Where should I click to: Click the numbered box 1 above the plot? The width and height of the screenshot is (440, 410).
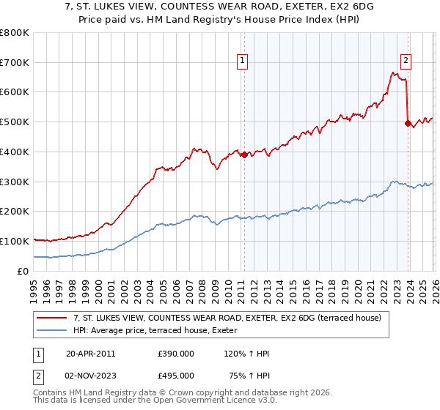click(x=243, y=61)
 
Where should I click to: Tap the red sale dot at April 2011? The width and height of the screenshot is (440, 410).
click(x=244, y=154)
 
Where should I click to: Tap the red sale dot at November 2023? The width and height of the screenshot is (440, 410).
click(x=407, y=123)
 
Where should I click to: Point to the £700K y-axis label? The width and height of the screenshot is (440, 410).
click(x=15, y=63)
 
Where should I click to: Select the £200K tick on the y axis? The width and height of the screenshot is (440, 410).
click(x=15, y=212)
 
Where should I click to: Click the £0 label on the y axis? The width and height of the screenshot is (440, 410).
click(x=23, y=271)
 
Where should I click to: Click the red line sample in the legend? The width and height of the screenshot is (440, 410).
click(x=52, y=318)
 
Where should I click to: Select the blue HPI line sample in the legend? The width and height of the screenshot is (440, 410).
click(x=52, y=331)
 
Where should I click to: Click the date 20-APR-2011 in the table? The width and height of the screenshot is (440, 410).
click(x=90, y=353)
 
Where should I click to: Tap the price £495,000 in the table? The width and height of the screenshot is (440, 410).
click(x=176, y=376)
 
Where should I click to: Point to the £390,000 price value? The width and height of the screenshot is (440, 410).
click(x=176, y=353)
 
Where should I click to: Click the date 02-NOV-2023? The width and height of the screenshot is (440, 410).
click(x=90, y=376)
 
